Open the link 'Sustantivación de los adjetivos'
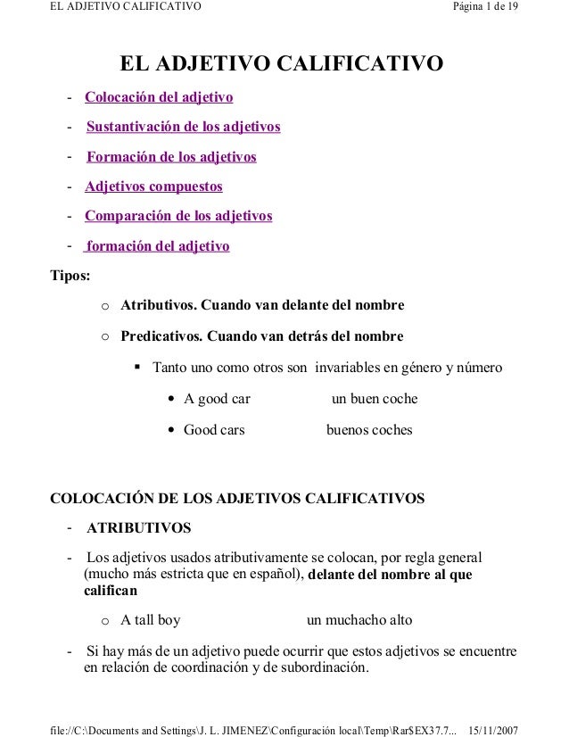pos(184,127)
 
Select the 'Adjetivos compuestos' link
pos(153,186)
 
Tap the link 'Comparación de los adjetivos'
pos(178,216)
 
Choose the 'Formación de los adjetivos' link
pos(171,157)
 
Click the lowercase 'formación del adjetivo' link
pos(157,246)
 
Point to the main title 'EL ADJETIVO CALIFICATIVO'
pos(282,64)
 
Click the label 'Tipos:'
pos(69,276)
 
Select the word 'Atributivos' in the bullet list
pos(159,306)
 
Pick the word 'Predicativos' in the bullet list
pos(161,336)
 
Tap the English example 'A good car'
pos(217,398)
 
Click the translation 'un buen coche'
pos(374,398)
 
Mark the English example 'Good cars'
pos(214,430)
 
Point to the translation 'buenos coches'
pos(369,430)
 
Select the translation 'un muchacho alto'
pos(359,620)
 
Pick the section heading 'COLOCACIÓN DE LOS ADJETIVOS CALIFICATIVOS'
pos(235,496)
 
